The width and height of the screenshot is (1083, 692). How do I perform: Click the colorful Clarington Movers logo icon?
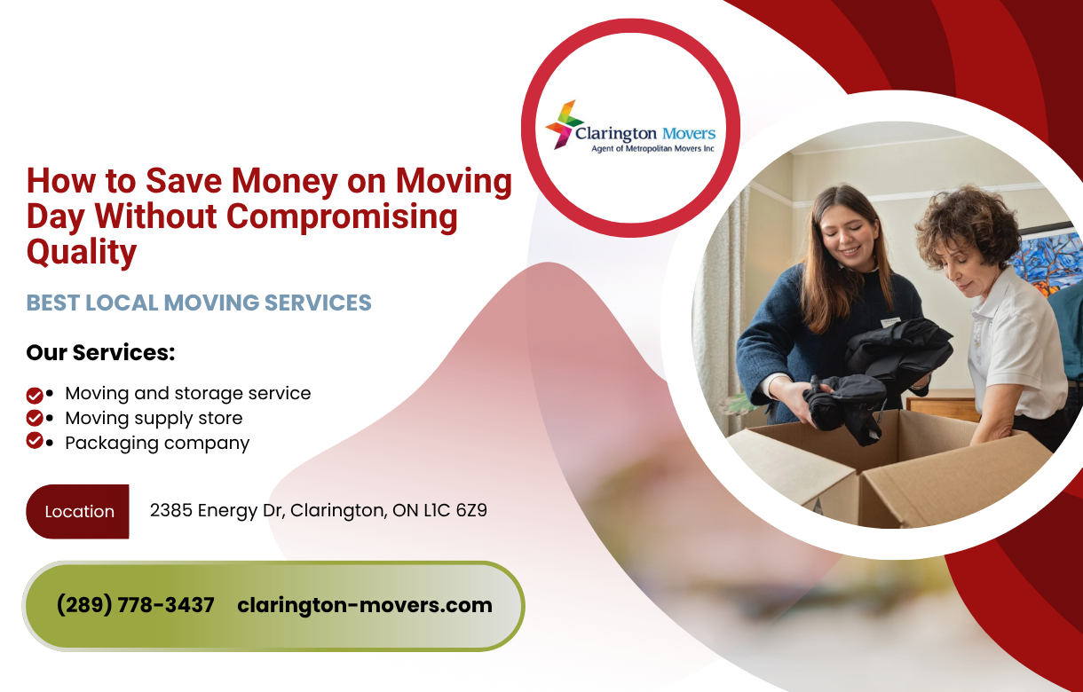563,124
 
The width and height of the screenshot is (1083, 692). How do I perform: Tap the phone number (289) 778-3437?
135,605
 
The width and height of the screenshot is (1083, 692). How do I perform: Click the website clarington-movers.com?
365,605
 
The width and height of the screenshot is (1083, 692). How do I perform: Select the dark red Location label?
78,511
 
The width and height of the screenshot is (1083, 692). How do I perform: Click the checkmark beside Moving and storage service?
35,395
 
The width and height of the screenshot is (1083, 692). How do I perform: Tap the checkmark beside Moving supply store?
35,418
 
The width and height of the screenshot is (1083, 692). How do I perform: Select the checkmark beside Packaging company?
35,441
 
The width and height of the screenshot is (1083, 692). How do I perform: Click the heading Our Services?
100,352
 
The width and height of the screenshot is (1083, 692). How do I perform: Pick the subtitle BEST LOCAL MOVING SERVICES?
199,303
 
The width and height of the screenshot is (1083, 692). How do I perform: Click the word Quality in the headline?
82,252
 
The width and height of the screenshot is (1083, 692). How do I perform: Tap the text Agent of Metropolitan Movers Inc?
652,149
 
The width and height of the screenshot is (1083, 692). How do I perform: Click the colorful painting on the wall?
1047,257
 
